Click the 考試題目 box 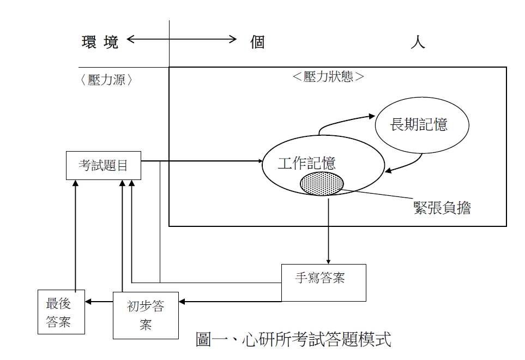(103, 165)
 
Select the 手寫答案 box (323, 282)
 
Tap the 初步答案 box (146, 315)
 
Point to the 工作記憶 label (306, 163)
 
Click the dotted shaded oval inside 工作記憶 (322, 183)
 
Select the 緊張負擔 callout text (442, 207)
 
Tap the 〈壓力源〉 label (107, 80)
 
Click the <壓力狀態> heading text (328, 76)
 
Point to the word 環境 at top (100, 43)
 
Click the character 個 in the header (257, 43)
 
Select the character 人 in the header (418, 43)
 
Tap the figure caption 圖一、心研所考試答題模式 (293, 339)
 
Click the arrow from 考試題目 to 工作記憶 (202, 161)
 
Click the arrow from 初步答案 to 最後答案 (100, 301)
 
